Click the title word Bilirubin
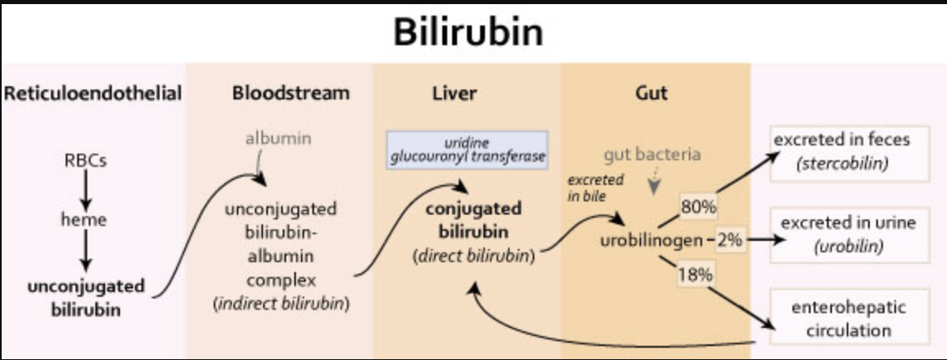pos(468,32)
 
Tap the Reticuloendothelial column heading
pos(92,93)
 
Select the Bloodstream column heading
pos(290,93)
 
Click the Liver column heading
pos(455,93)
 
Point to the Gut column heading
pos(650,93)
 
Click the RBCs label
pos(85,161)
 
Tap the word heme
pos(85,219)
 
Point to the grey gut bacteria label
pos(653,154)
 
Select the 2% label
pos(729,241)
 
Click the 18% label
pos(695,275)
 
